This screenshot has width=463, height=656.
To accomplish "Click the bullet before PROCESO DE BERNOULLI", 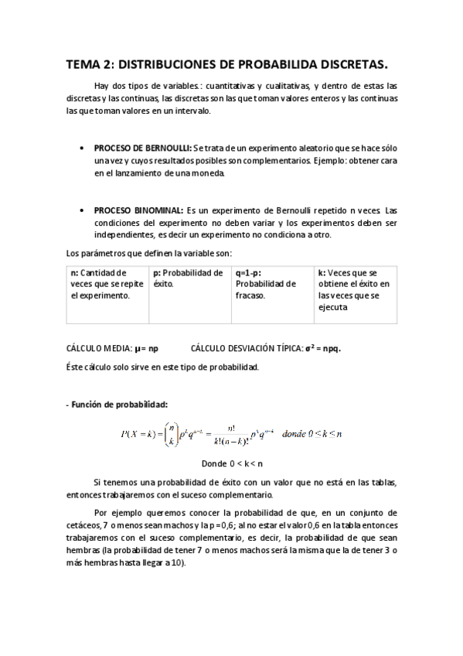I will (82, 147).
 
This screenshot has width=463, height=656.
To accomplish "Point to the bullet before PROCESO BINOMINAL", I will (82, 210).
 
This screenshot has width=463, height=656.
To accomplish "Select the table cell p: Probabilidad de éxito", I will (189, 278).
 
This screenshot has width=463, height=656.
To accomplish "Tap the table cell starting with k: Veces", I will (355, 290).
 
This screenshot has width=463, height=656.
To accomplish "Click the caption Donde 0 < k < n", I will (232, 464).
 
